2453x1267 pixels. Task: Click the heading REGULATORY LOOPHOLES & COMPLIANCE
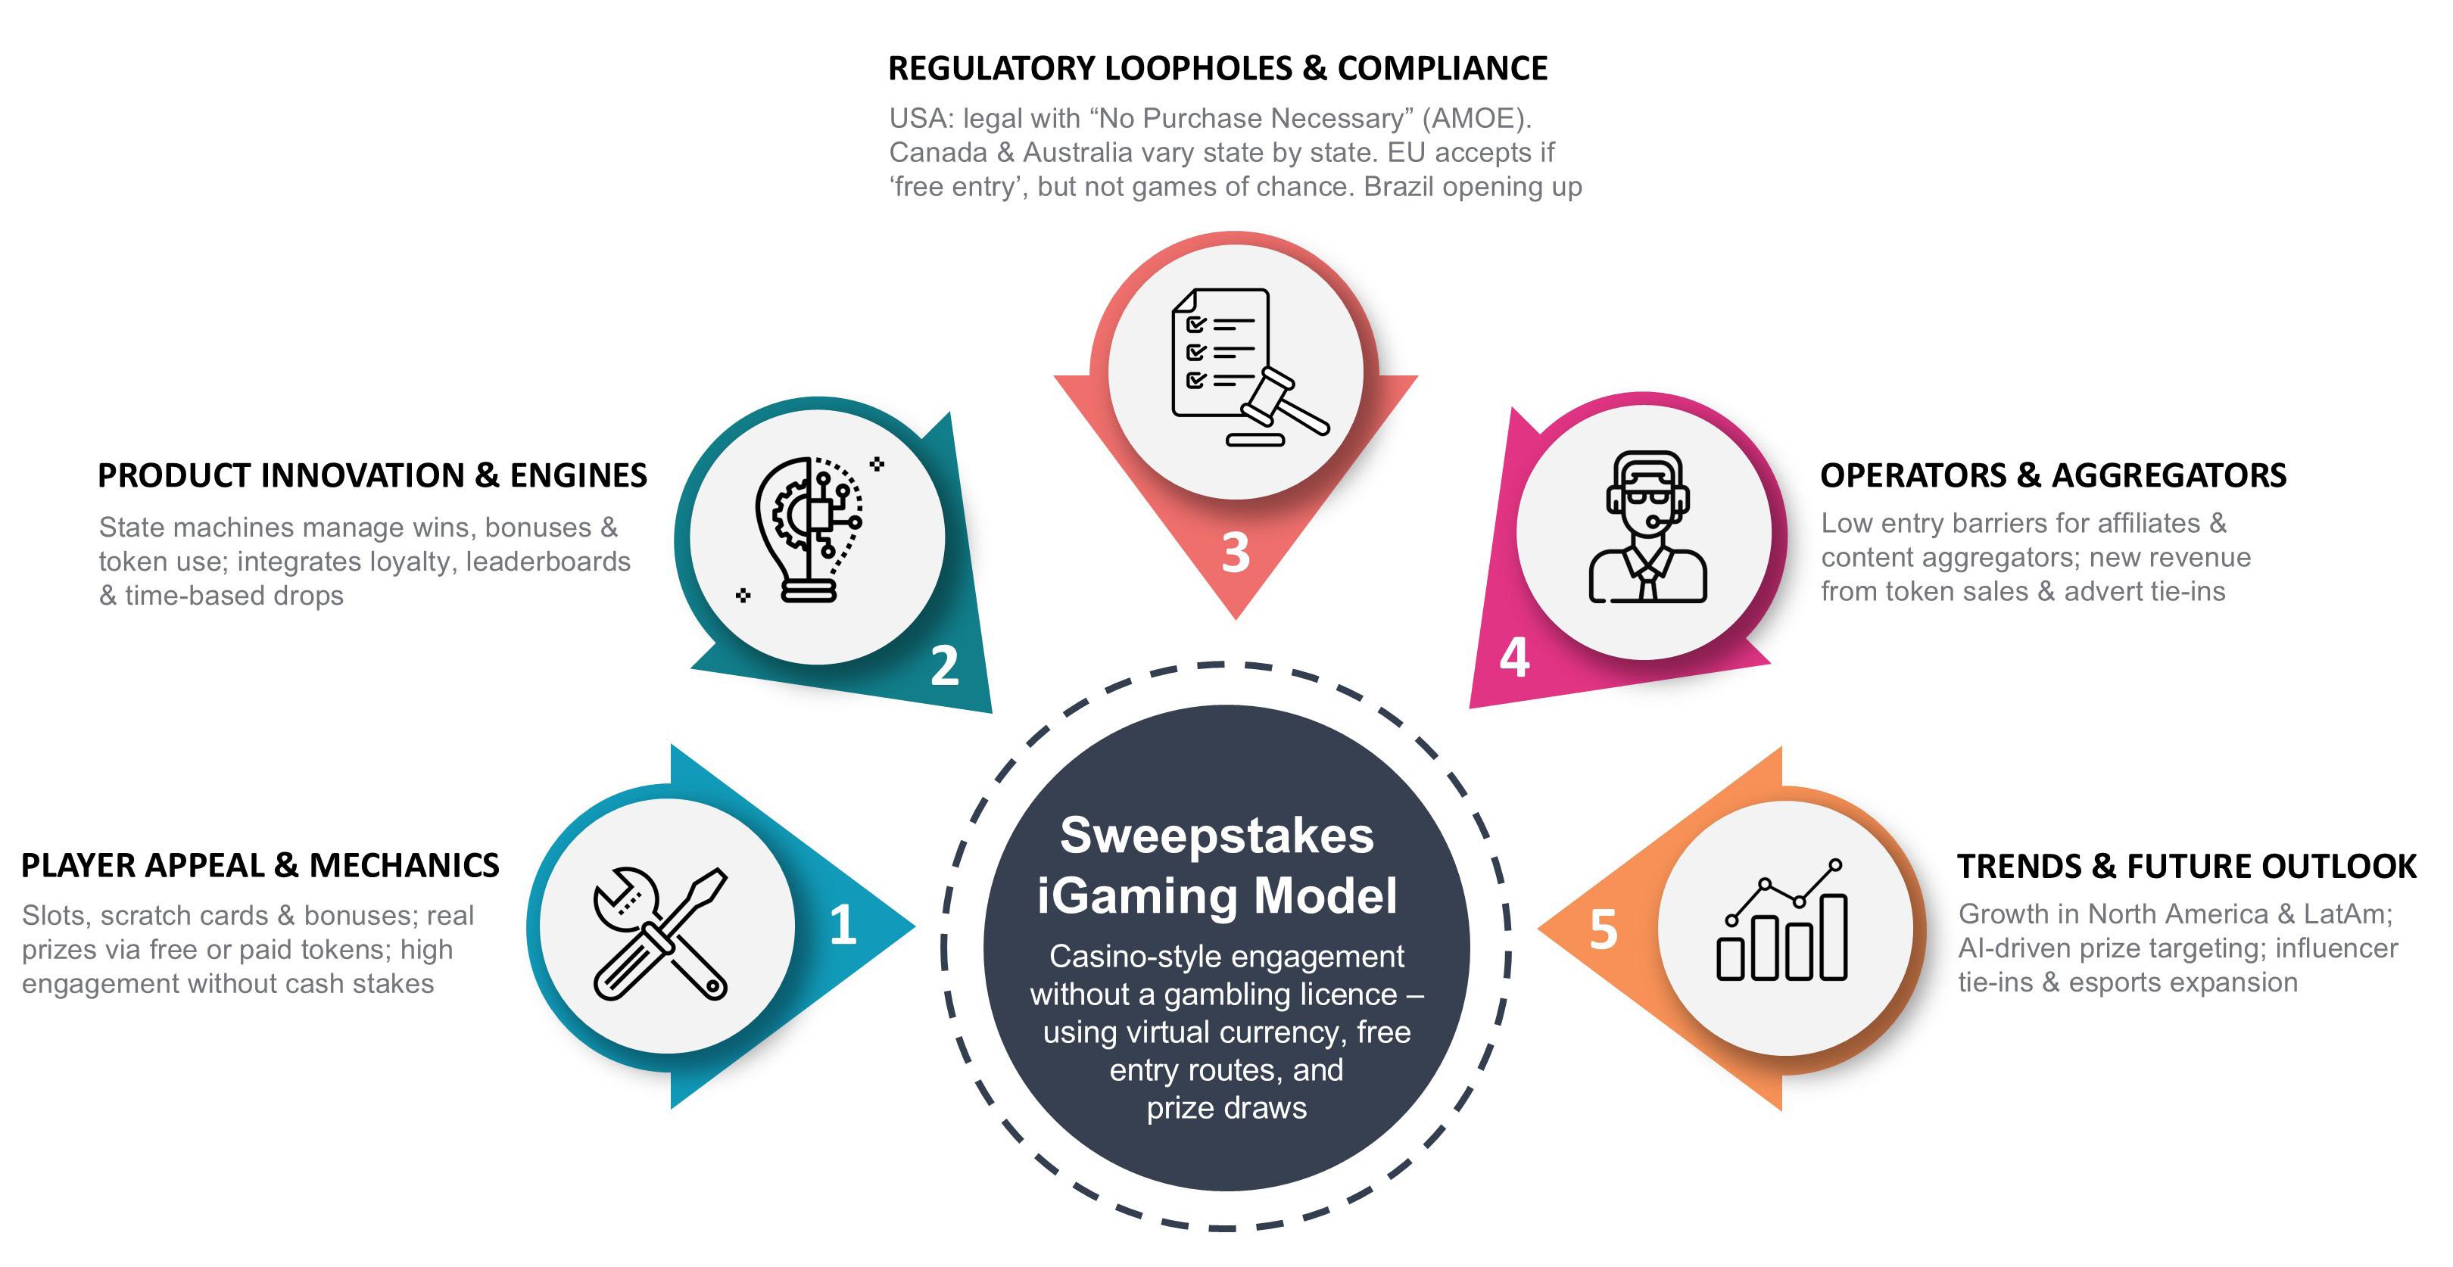click(x=1217, y=69)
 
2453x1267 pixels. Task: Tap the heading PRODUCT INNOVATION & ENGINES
click(x=372, y=475)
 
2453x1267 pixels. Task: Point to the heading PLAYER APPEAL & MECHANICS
click(x=260, y=865)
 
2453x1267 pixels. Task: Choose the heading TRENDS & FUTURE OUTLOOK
click(x=2187, y=867)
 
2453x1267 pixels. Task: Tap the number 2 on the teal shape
click(x=943, y=665)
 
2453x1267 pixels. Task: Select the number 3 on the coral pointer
click(x=1235, y=552)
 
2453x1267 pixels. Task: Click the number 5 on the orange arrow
click(x=1604, y=930)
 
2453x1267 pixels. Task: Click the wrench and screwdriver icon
click(x=661, y=933)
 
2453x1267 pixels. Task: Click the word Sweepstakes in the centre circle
click(x=1216, y=836)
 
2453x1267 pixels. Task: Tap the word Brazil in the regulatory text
click(x=1400, y=187)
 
